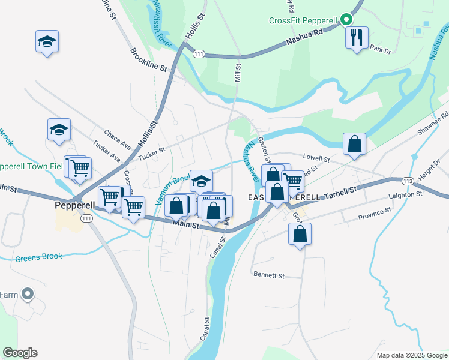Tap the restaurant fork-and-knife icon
coord(357,38)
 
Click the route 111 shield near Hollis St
coord(199,54)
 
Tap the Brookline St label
coord(148,59)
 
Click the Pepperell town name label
coord(74,204)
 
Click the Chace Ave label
coord(117,139)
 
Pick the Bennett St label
coord(268,275)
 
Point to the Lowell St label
coord(316,159)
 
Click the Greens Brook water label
coord(38,257)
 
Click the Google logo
coord(20,353)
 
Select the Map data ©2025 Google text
coord(411,355)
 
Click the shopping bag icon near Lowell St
coord(354,145)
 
